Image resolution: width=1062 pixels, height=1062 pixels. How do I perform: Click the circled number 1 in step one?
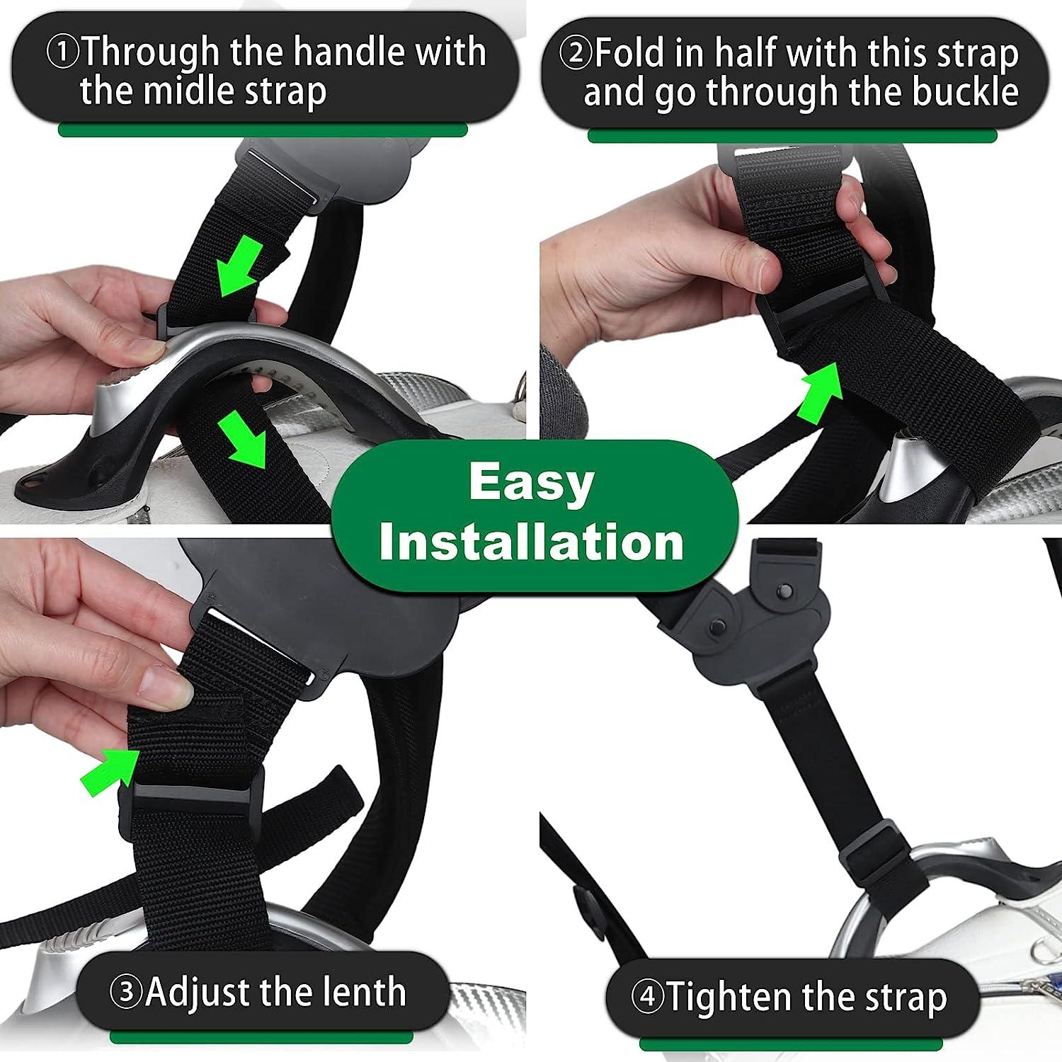pos(64,52)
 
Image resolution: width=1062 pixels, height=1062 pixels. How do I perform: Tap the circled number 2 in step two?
pos(574,53)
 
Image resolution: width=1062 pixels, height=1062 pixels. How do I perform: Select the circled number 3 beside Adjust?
pos(127,993)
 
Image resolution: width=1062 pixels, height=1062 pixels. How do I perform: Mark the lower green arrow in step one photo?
pos(243,441)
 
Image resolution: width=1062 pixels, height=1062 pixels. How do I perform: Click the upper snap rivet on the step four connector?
pos(784,590)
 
